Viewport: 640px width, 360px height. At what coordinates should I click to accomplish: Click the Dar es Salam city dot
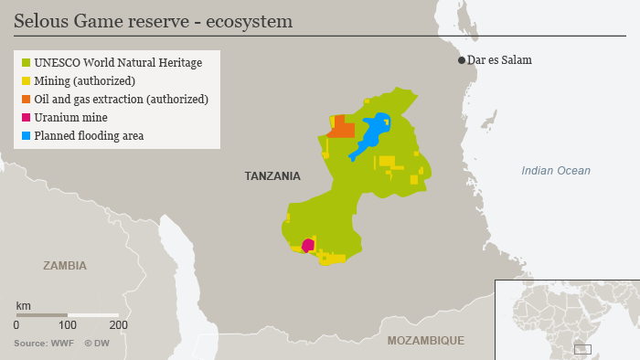pos(462,60)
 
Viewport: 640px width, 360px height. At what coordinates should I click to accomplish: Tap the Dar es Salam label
pos(499,60)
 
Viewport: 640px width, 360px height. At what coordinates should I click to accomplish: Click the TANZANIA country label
pos(272,175)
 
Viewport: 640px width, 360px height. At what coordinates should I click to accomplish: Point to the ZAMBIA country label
pos(65,266)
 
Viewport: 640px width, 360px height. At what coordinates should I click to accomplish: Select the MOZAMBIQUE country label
pos(425,340)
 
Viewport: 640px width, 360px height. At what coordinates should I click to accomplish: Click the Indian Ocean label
pos(555,171)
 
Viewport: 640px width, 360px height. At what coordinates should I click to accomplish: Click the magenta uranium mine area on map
pos(308,245)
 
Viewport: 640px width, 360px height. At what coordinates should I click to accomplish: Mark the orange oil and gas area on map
pos(341,127)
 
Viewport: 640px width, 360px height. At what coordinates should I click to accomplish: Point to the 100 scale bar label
pos(67,324)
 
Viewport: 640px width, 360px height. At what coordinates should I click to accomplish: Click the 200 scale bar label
pos(118,324)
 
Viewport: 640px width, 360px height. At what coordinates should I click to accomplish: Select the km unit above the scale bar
pos(23,304)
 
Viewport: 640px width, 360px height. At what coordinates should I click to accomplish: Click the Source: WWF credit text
pos(43,344)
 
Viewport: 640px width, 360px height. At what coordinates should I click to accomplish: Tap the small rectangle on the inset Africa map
pos(582,349)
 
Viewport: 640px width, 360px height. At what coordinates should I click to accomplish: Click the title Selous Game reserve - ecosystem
pos(153,20)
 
